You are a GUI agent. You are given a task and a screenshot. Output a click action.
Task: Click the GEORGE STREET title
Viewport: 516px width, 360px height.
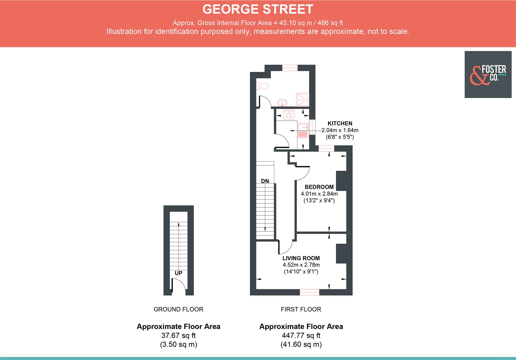click(x=258, y=9)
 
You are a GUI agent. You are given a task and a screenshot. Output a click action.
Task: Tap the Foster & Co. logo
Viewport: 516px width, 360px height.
click(x=488, y=74)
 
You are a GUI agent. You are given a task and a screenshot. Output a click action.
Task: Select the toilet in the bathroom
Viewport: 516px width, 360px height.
click(x=262, y=86)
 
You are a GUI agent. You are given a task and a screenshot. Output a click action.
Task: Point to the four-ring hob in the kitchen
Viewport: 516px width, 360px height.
click(x=288, y=114)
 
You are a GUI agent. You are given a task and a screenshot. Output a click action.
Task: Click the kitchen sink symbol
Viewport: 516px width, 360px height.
click(x=303, y=130)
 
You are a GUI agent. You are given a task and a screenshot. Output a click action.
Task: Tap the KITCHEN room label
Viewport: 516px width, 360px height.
click(x=340, y=123)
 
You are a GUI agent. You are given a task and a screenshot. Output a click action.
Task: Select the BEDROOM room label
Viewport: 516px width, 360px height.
click(x=319, y=187)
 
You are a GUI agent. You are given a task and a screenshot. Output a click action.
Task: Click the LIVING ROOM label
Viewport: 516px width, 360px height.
click(x=301, y=258)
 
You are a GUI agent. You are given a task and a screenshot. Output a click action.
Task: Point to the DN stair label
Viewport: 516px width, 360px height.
click(x=265, y=181)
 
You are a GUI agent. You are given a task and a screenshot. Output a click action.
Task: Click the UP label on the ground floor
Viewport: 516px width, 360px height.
click(x=179, y=273)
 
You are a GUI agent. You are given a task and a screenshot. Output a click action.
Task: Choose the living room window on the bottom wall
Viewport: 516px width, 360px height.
click(x=309, y=292)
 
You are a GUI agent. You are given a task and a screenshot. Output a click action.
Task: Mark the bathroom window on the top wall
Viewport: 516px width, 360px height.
click(x=289, y=68)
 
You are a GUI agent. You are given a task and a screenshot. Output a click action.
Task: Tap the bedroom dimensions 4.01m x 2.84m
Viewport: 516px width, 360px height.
click(x=319, y=194)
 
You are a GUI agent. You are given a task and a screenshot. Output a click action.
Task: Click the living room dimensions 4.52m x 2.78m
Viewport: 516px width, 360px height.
click(x=301, y=265)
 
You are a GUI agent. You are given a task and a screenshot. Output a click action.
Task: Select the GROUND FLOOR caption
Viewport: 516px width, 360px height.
click(x=178, y=309)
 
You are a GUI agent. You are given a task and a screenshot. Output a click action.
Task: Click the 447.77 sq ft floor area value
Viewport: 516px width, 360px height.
click(x=301, y=336)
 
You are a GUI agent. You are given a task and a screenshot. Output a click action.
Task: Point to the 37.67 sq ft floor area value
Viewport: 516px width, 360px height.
click(x=178, y=336)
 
